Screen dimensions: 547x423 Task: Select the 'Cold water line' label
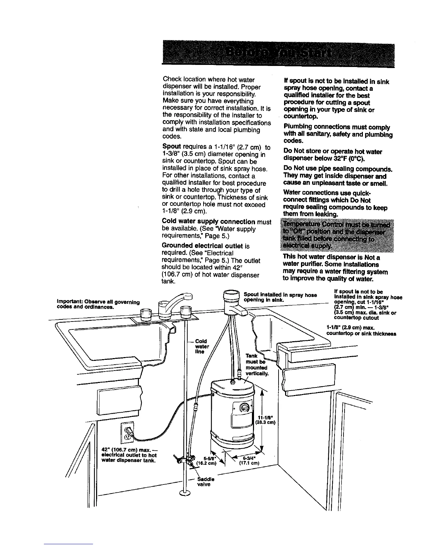click(x=202, y=346)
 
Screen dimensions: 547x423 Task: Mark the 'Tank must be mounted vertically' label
click(x=256, y=365)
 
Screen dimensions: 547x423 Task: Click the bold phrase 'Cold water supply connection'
click(x=208, y=221)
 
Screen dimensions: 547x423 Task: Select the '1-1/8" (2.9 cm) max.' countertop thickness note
click(x=361, y=330)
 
